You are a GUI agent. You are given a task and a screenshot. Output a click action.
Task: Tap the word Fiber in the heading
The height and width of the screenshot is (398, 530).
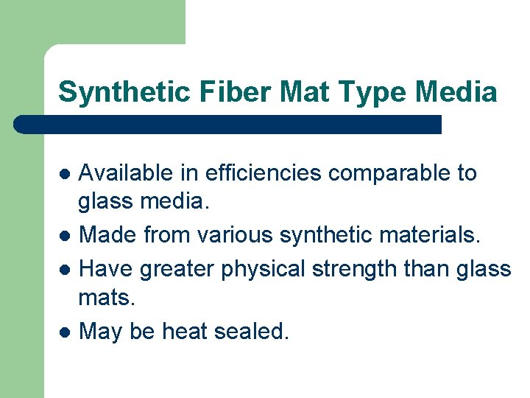point(219,92)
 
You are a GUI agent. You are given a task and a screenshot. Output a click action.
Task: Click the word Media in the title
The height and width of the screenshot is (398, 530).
point(456,92)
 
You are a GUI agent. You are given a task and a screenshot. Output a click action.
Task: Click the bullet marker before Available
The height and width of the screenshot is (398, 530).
point(66,175)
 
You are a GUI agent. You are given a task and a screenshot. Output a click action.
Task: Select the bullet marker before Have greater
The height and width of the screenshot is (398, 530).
point(66,270)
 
